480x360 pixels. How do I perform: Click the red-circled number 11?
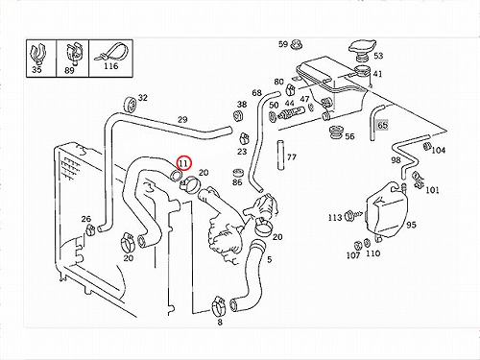pos(184,163)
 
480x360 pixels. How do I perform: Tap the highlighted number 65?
pos(382,125)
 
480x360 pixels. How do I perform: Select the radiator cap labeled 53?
pos(362,50)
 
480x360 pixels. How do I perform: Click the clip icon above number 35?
pos(37,54)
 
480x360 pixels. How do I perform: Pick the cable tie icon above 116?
pos(110,53)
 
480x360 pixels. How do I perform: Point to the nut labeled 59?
pos(297,45)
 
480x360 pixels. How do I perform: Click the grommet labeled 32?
pos(131,105)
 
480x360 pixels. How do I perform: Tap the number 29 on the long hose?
pos(182,120)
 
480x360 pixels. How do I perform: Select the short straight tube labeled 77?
pos(280,156)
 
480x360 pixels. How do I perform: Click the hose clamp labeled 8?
pos(219,306)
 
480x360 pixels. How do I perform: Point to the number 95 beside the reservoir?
pos(411,225)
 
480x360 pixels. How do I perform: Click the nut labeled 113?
pos(349,217)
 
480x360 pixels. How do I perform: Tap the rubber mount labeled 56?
pos(336,132)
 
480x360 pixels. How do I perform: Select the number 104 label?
pos(438,150)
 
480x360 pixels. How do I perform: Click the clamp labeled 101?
pos(418,180)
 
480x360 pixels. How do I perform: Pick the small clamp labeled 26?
pos(90,229)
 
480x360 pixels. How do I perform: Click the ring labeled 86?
pos(237,173)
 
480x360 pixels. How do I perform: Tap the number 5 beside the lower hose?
pos(270,259)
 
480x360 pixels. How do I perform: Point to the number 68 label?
pos(256,93)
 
